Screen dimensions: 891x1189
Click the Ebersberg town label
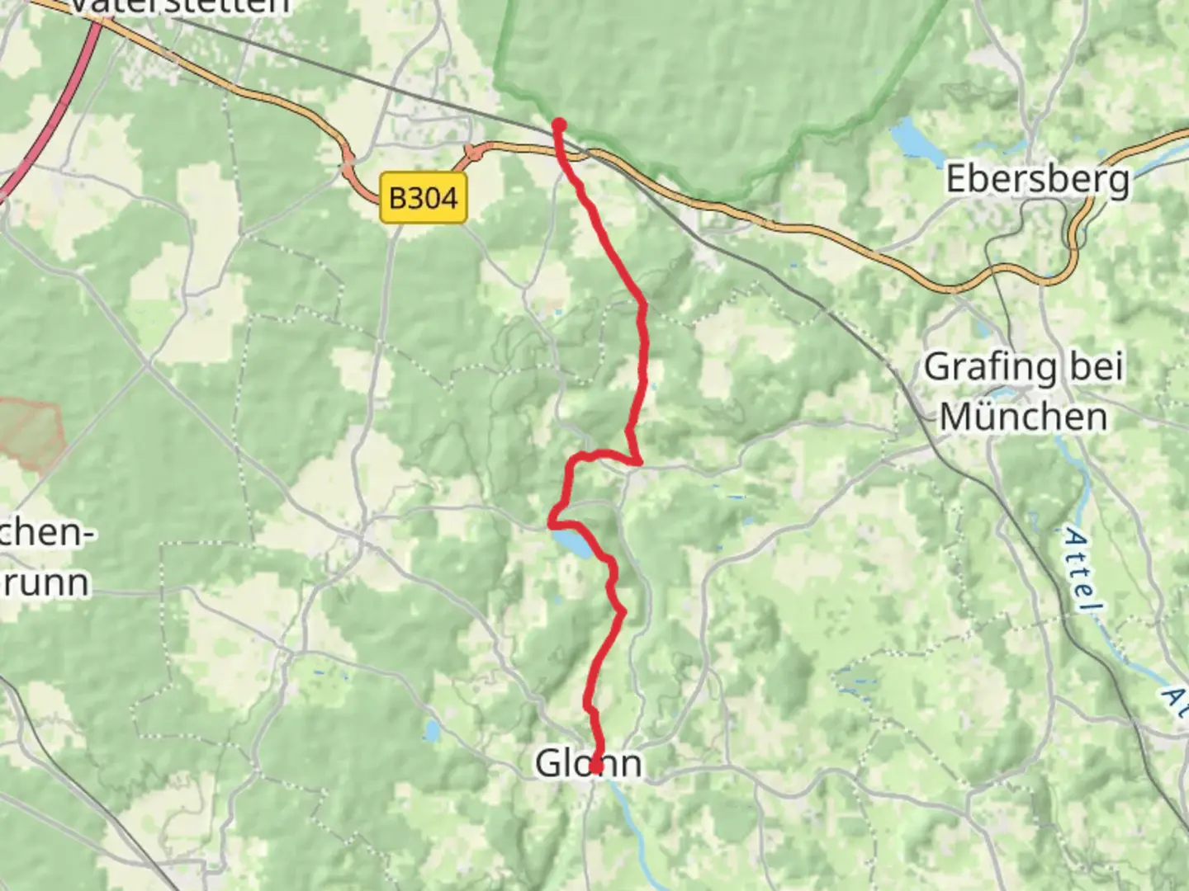[1037, 179]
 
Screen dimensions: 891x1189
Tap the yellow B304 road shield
[423, 198]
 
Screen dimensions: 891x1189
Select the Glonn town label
[588, 763]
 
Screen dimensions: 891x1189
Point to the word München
[1024, 417]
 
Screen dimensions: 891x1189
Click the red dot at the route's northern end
[559, 125]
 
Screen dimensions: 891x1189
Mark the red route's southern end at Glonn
[594, 768]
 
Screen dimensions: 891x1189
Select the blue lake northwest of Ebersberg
[910, 137]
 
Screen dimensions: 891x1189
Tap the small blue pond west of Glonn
[433, 730]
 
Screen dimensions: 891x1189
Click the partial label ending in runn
[45, 582]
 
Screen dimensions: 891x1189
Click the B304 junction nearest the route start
[474, 153]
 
